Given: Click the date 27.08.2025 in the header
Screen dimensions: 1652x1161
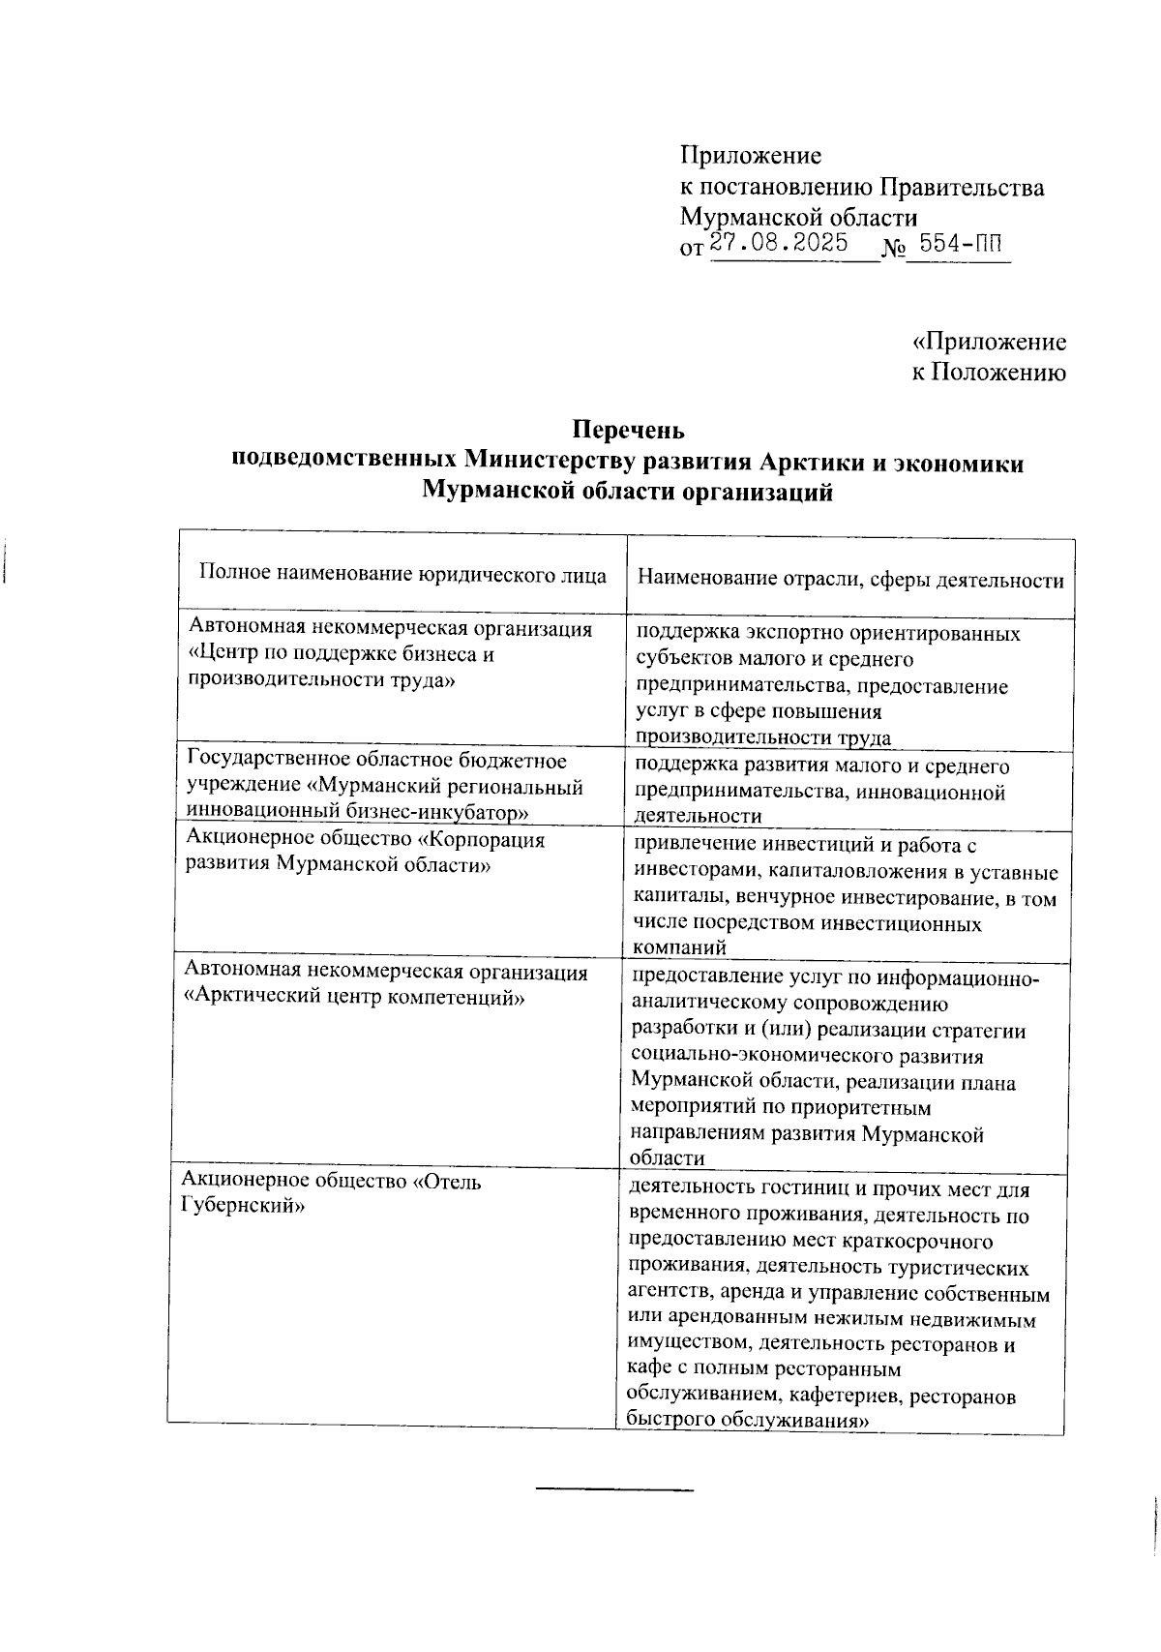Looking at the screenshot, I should (x=779, y=242).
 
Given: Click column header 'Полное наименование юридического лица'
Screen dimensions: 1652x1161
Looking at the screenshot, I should (x=402, y=575).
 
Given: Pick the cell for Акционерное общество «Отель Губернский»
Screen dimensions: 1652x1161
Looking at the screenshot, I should (x=331, y=1193).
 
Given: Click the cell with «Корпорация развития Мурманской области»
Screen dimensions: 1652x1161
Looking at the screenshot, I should (x=365, y=852).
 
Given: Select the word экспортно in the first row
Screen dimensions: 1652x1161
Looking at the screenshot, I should (x=803, y=634).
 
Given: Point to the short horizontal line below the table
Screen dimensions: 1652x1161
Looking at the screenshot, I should (x=615, y=1488).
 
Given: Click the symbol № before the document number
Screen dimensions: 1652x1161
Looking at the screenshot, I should (x=893, y=248).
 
